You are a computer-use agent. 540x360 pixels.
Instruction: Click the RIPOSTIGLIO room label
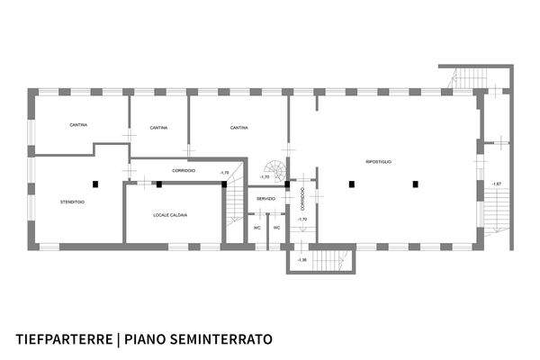coord(378,161)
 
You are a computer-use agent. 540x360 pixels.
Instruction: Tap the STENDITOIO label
coord(73,202)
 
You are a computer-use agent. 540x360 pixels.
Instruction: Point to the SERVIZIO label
coord(265,198)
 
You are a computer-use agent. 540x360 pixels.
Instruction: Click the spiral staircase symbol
coord(273,169)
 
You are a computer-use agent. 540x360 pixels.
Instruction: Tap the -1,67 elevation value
coord(496,184)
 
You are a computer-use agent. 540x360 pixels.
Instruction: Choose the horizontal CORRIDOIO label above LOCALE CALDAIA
coord(184,171)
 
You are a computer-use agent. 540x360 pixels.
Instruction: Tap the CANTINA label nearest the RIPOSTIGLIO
coord(238,128)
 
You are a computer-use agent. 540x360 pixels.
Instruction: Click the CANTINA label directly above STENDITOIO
coord(78,124)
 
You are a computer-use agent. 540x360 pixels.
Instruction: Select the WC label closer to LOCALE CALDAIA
coord(257,228)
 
